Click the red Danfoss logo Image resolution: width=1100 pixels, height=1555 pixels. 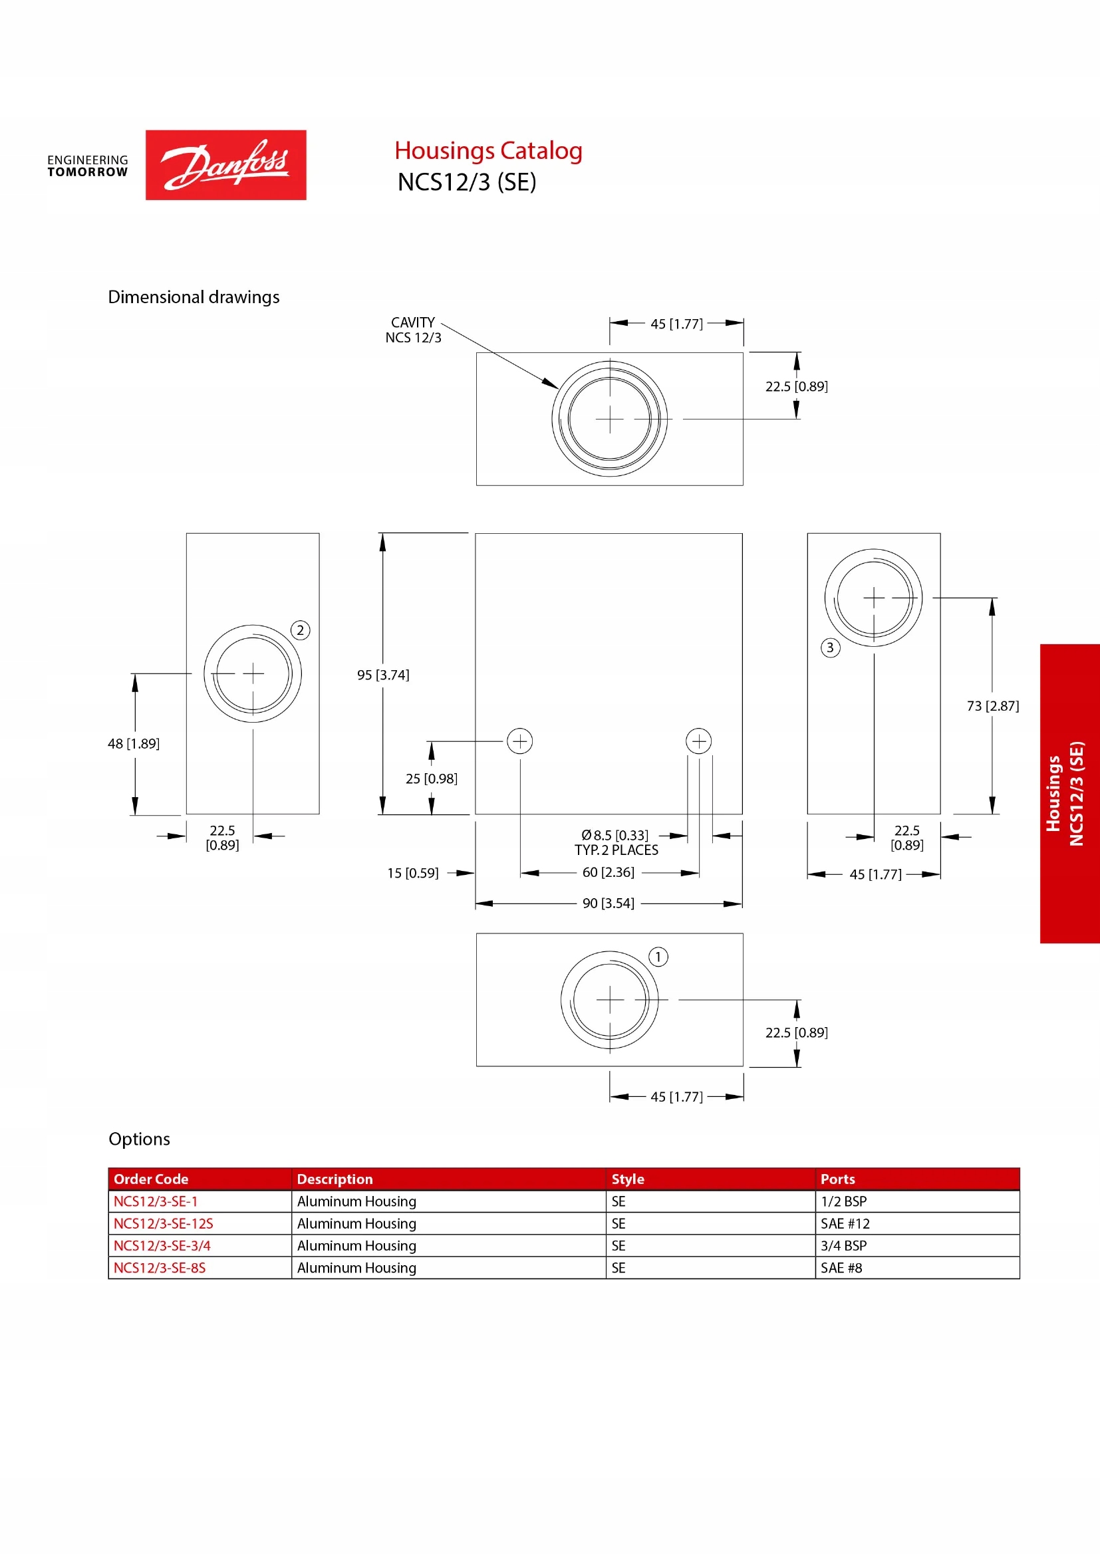pos(225,165)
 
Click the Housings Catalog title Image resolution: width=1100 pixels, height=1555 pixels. pos(488,150)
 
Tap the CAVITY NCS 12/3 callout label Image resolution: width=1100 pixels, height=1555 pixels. pos(412,330)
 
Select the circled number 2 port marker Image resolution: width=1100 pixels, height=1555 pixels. pos(300,630)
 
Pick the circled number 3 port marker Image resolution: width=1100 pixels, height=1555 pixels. pos(831,648)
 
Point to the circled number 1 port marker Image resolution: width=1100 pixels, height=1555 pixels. pos(658,957)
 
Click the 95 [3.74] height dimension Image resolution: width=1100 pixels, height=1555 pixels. pos(383,675)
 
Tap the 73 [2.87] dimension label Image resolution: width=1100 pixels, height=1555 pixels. pos(992,706)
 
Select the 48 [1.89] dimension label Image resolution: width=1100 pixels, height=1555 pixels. pos(134,744)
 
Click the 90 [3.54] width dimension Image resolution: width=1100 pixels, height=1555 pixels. pos(609,903)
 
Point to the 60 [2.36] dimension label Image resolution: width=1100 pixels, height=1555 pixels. pos(609,872)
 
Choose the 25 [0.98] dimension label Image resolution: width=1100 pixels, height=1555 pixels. pos(432,779)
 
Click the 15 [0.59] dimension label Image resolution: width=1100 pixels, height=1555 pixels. pos(412,873)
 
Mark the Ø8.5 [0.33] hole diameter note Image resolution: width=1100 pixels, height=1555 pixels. pos(615,836)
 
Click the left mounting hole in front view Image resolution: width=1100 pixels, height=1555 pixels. pos(520,741)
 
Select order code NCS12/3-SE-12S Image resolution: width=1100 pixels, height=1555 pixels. pos(163,1224)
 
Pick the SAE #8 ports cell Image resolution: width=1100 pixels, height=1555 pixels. pos(841,1268)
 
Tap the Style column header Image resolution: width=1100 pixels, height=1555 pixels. pos(628,1179)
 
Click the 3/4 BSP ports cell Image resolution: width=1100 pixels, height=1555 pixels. pos(843,1245)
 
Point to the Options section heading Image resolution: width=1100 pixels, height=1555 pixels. pos(140,1139)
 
